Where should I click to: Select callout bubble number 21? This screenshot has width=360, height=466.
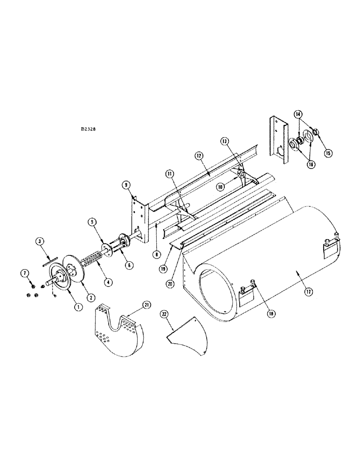click(147, 304)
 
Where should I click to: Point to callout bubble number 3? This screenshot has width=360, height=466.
click(41, 241)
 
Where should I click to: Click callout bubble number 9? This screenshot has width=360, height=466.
click(126, 185)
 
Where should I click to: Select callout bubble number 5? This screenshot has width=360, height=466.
click(92, 222)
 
